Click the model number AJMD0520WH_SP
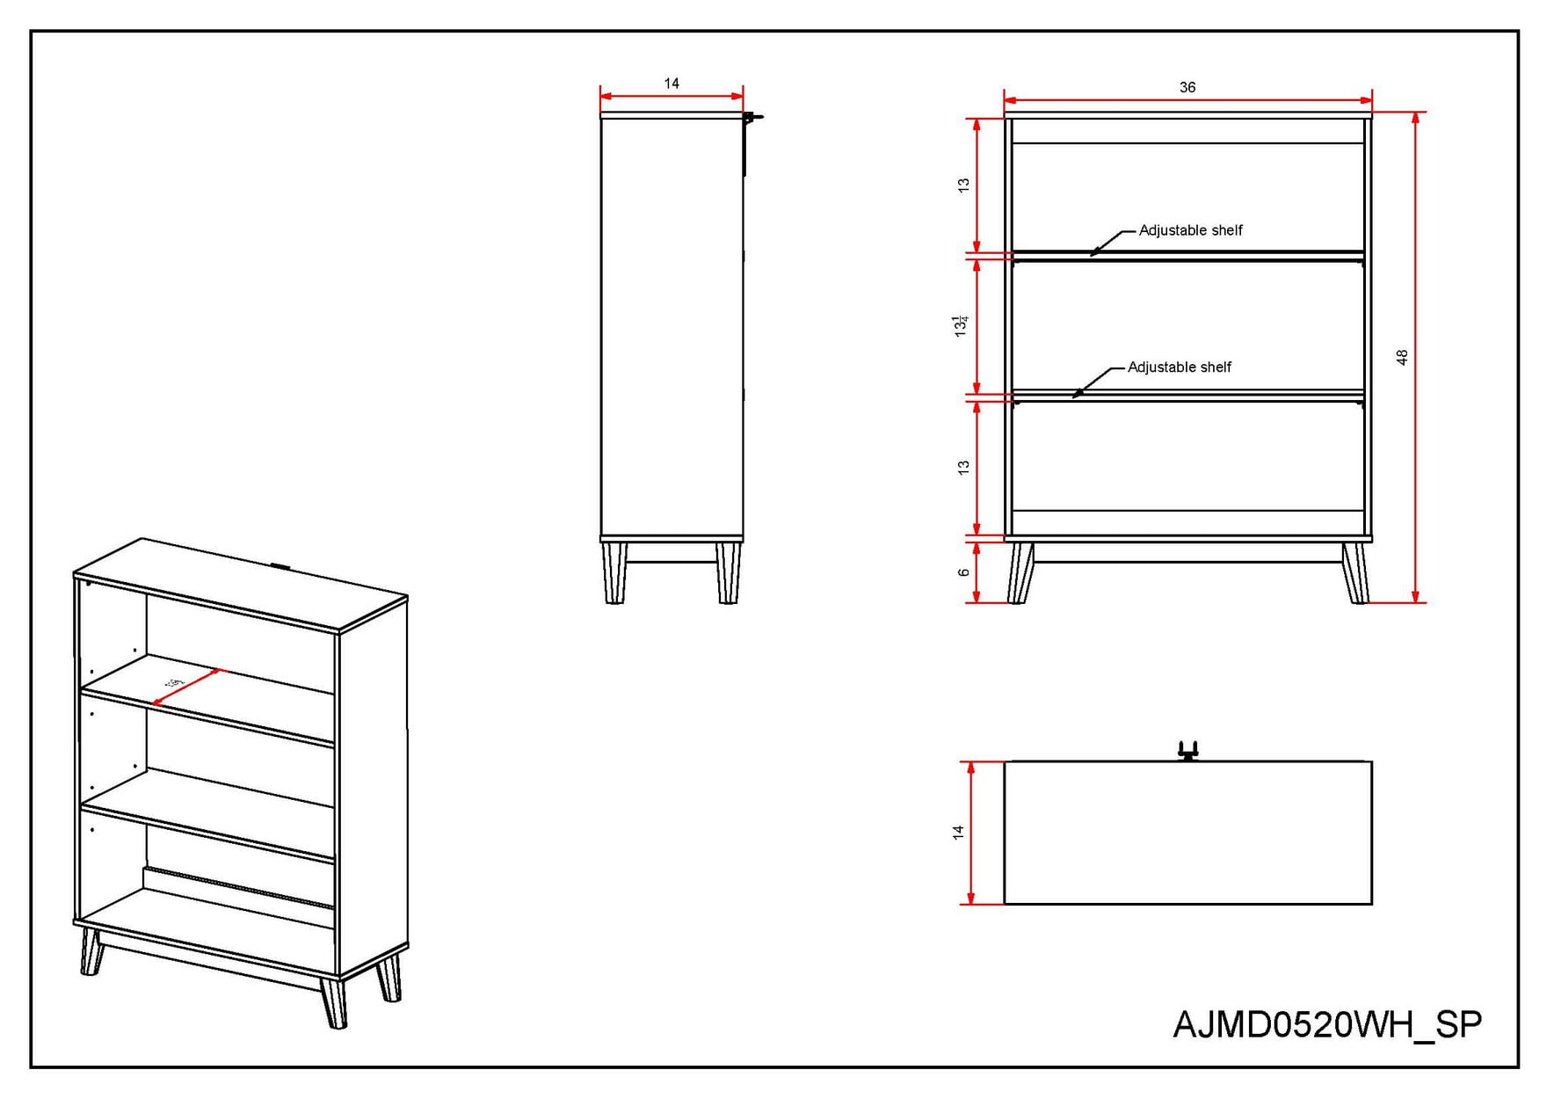(1327, 1025)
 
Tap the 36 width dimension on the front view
(1187, 87)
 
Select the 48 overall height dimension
(1402, 357)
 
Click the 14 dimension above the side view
(672, 84)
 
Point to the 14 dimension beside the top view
(958, 832)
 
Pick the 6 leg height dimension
(963, 572)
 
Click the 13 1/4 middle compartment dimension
(961, 325)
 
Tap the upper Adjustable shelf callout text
(1190, 230)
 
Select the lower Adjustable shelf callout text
(1179, 368)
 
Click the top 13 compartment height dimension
(963, 186)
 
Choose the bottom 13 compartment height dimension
(963, 468)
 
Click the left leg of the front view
(1020, 573)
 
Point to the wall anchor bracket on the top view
(1187, 752)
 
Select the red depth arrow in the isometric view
(187, 688)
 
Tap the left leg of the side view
(615, 572)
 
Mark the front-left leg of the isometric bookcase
(91, 951)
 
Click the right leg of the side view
(728, 572)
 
